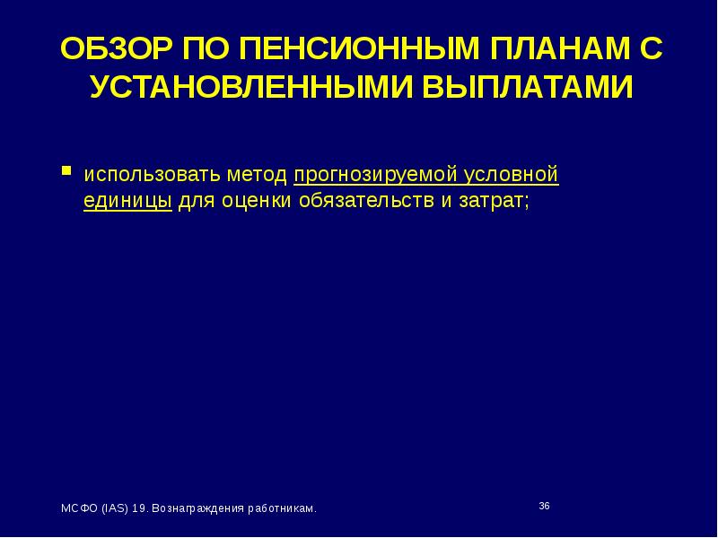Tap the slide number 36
pyautogui.click(x=544, y=507)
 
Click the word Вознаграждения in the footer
pyautogui.click(x=196, y=508)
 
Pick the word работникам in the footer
pyautogui.click(x=282, y=508)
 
